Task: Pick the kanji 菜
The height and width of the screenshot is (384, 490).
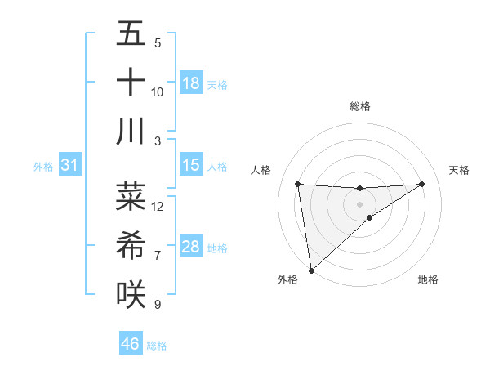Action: (x=131, y=196)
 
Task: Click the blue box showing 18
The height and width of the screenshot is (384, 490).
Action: (x=191, y=83)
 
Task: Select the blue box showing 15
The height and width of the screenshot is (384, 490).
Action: (x=191, y=166)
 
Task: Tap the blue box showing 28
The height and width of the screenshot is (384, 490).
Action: (x=191, y=248)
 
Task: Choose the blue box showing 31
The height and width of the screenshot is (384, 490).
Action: (x=70, y=166)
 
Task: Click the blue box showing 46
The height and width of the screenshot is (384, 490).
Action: (x=131, y=344)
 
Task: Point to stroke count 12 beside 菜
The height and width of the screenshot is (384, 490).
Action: (x=158, y=206)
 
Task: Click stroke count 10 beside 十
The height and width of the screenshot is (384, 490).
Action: (x=158, y=92)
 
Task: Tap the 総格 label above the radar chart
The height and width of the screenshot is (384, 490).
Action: (x=359, y=106)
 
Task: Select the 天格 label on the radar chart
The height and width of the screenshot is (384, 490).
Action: (x=460, y=170)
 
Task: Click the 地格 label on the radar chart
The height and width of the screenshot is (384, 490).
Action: (x=428, y=279)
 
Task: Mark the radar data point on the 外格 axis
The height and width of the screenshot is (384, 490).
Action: (x=311, y=270)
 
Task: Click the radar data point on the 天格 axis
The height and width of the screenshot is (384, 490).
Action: (x=422, y=184)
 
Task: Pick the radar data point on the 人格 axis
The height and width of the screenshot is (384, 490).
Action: (x=297, y=184)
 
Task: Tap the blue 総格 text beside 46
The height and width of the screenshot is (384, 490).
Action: (x=157, y=346)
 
